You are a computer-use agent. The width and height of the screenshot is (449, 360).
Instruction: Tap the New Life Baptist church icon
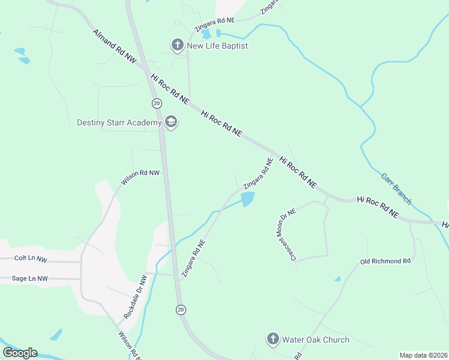click(177, 45)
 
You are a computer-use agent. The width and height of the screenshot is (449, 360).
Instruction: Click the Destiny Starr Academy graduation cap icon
click(170, 122)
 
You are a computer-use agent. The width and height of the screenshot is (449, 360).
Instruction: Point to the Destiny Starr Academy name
click(119, 122)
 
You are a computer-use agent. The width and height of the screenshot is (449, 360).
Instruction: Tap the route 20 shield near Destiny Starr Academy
click(156, 103)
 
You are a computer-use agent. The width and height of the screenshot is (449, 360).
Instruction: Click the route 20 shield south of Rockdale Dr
click(181, 309)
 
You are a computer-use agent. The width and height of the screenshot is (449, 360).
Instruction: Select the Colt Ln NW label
click(31, 259)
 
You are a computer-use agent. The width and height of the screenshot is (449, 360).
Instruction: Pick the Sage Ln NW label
click(30, 278)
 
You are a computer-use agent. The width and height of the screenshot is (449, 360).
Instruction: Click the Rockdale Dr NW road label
click(135, 297)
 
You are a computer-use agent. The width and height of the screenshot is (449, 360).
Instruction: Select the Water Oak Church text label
click(315, 340)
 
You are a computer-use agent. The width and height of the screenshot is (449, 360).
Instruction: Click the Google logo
click(20, 353)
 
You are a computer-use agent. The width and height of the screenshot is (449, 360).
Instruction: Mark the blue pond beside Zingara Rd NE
click(247, 199)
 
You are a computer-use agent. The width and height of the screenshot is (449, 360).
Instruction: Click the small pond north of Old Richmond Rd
click(337, 279)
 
